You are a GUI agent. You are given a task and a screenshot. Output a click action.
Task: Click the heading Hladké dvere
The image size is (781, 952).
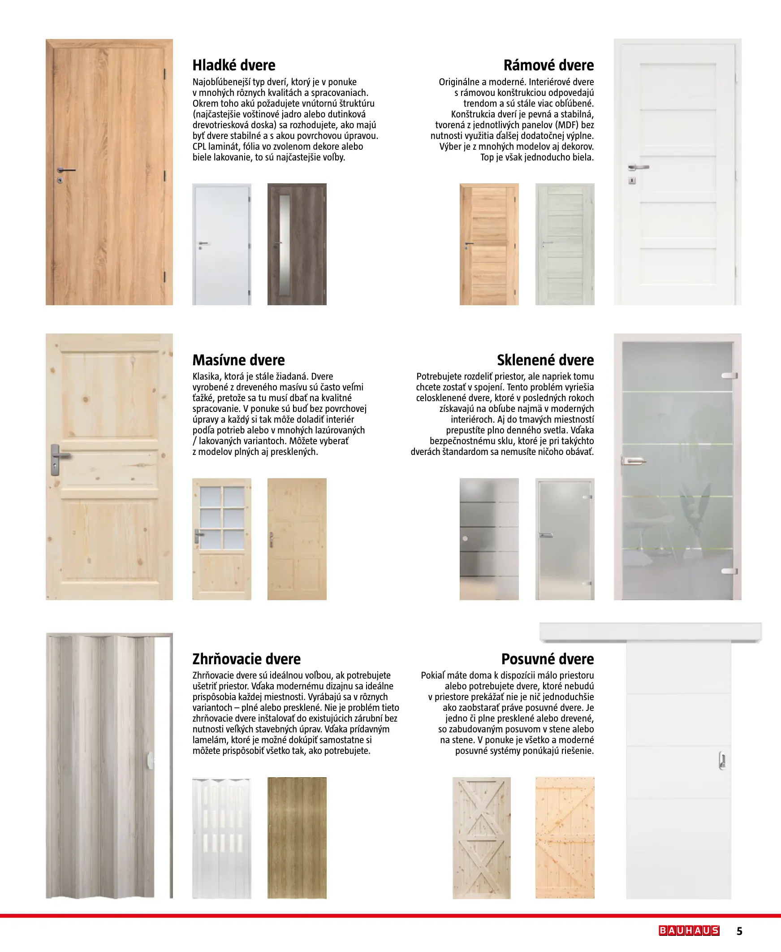pyautogui.click(x=233, y=65)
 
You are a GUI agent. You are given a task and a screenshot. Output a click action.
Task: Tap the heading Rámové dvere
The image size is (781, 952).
pyautogui.click(x=548, y=65)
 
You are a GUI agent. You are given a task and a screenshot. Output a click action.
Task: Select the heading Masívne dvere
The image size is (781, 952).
pyautogui.click(x=238, y=360)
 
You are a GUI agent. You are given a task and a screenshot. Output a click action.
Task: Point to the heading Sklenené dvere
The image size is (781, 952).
pyautogui.click(x=545, y=360)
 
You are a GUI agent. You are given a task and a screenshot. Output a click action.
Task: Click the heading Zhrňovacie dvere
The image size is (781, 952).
pyautogui.click(x=246, y=659)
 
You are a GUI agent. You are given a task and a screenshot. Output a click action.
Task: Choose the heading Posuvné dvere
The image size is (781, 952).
pyautogui.click(x=548, y=659)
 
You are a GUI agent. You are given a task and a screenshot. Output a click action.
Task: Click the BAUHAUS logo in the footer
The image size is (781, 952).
pyautogui.click(x=689, y=930)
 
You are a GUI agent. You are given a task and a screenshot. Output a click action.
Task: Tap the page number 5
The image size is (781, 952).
pyautogui.click(x=739, y=931)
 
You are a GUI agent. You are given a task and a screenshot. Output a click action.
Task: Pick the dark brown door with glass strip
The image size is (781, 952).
pyautogui.click(x=297, y=244)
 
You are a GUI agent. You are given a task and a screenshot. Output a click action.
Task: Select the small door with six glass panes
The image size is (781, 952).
pyautogui.click(x=221, y=539)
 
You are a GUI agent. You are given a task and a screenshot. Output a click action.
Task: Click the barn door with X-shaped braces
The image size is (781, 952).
pyautogui.click(x=481, y=838)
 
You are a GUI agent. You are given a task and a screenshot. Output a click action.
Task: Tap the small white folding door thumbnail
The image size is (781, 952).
pyautogui.click(x=221, y=838)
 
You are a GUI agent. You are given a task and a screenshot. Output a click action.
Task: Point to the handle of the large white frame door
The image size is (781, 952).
pyautogui.click(x=639, y=167)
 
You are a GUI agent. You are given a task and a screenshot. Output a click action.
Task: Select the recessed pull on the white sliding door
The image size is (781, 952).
pyautogui.click(x=722, y=760)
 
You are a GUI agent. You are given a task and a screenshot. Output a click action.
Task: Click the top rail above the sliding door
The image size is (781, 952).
pyautogui.click(x=650, y=632)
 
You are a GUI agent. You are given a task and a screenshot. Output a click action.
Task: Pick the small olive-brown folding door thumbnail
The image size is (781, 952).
pyautogui.click(x=297, y=838)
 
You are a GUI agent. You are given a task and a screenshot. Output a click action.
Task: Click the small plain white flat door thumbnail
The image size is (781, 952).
pyautogui.click(x=221, y=244)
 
